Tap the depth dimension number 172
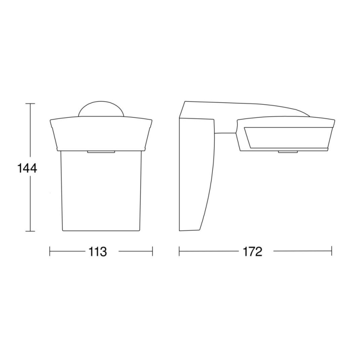pyautogui.click(x=253, y=251)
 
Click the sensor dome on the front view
pyautogui.click(x=101, y=109)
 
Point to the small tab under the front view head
pyautogui.click(x=101, y=152)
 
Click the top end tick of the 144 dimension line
pyautogui.click(x=29, y=103)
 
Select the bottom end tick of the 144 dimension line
pyautogui.click(x=29, y=231)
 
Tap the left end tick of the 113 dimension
pyautogui.click(x=50, y=251)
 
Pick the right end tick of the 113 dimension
pyautogui.click(x=152, y=251)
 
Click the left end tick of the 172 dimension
pyautogui.click(x=179, y=251)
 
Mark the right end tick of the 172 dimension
pyautogui.click(x=331, y=251)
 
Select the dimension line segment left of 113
pyautogui.click(x=66, y=251)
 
